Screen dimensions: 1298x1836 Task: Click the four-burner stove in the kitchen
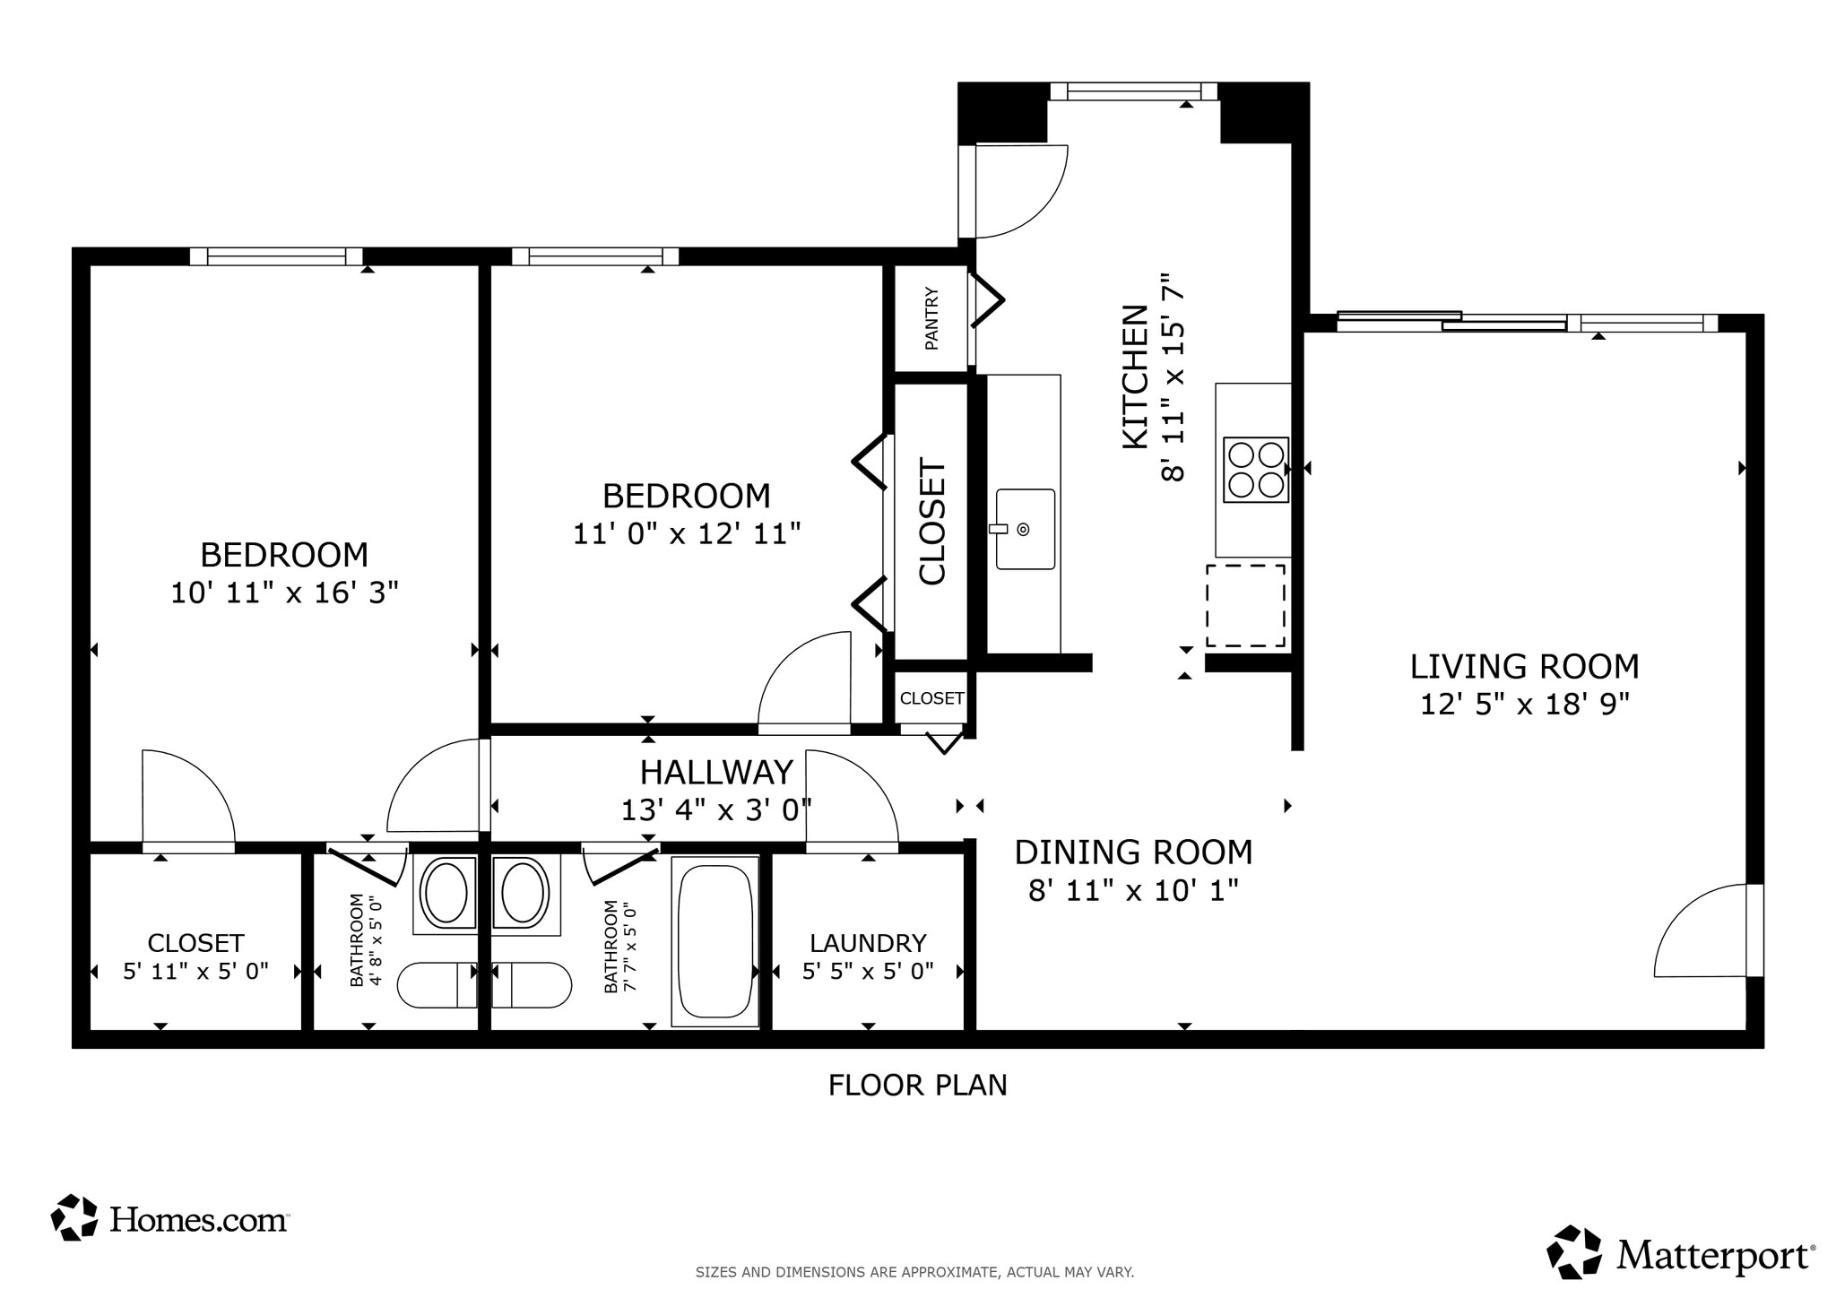pyautogui.click(x=1255, y=470)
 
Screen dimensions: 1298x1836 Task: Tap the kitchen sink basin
pyautogui.click(x=1026, y=529)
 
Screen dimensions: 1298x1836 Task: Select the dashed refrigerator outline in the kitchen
pyautogui.click(x=1245, y=605)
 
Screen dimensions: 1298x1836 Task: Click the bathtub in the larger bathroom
pyautogui.click(x=714, y=940)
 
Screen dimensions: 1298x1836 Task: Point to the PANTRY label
pyautogui.click(x=931, y=318)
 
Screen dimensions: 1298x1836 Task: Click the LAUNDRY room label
pyautogui.click(x=868, y=943)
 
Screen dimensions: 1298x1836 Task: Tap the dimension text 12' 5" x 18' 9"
pyautogui.click(x=1524, y=705)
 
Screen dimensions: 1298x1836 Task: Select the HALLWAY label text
pyautogui.click(x=716, y=772)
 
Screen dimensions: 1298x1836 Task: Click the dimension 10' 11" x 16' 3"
pyautogui.click(x=284, y=593)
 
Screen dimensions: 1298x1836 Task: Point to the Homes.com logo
pyautogui.click(x=169, y=1218)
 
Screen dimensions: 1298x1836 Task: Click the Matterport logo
pyautogui.click(x=1681, y=1255)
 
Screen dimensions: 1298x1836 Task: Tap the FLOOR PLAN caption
pyautogui.click(x=917, y=1086)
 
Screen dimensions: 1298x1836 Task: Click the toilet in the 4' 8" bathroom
pyautogui.click(x=437, y=985)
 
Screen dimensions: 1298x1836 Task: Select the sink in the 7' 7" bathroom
pyautogui.click(x=524, y=894)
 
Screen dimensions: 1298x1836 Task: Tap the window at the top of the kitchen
pyautogui.click(x=1133, y=91)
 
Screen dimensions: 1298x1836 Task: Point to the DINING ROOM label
pyautogui.click(x=1133, y=852)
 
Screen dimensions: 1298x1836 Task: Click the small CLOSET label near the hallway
pyautogui.click(x=931, y=698)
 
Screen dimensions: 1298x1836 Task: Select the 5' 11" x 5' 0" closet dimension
pyautogui.click(x=195, y=972)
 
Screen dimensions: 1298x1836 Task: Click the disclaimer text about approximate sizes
pyautogui.click(x=914, y=1271)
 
